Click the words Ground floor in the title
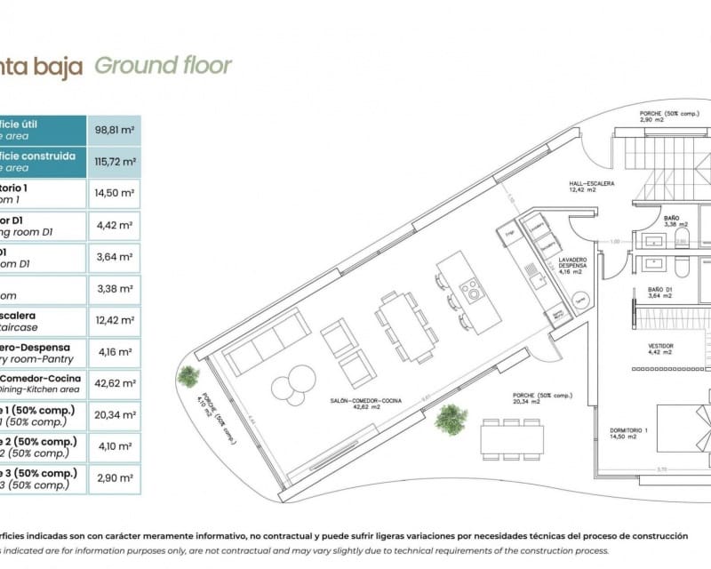pos(163,66)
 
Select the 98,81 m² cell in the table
pos(115,129)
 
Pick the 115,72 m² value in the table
pos(115,162)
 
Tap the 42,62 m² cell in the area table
pos(115,383)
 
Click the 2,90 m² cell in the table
pos(115,479)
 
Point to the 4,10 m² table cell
pos(115,447)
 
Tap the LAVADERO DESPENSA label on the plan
pos(572,265)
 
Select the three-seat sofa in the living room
pos(267,344)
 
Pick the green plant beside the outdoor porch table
pos(451,419)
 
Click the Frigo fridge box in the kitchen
pos(509,235)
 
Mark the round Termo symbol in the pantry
pos(579,300)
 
